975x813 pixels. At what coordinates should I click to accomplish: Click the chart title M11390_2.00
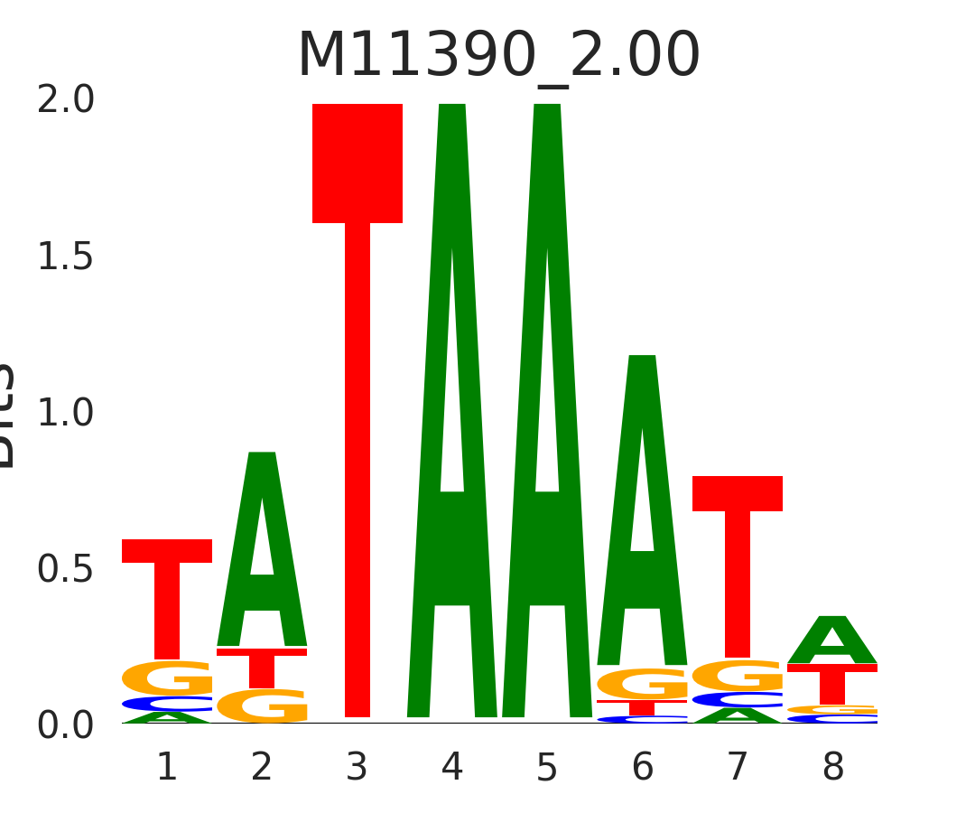(498, 56)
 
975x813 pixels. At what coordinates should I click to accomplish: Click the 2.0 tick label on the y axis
(65, 100)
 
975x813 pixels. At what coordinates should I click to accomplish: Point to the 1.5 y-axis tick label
(65, 257)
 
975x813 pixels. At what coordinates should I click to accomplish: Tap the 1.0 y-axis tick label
(65, 413)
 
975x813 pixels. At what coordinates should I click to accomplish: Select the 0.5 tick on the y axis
(65, 569)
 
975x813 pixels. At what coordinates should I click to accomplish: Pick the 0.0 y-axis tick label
(65, 725)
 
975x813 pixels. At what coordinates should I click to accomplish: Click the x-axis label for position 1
(167, 768)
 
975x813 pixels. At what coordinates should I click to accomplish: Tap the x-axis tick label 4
(452, 768)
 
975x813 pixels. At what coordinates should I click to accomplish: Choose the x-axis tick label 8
(832, 768)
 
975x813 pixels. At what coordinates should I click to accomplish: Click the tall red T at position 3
(357, 406)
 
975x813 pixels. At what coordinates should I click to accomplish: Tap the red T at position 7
(738, 569)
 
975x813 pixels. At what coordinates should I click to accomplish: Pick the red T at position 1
(167, 601)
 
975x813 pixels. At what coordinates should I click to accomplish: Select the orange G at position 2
(262, 706)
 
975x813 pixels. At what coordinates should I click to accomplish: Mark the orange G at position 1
(167, 677)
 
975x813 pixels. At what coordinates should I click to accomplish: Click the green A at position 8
(832, 641)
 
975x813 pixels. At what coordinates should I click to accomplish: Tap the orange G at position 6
(642, 684)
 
